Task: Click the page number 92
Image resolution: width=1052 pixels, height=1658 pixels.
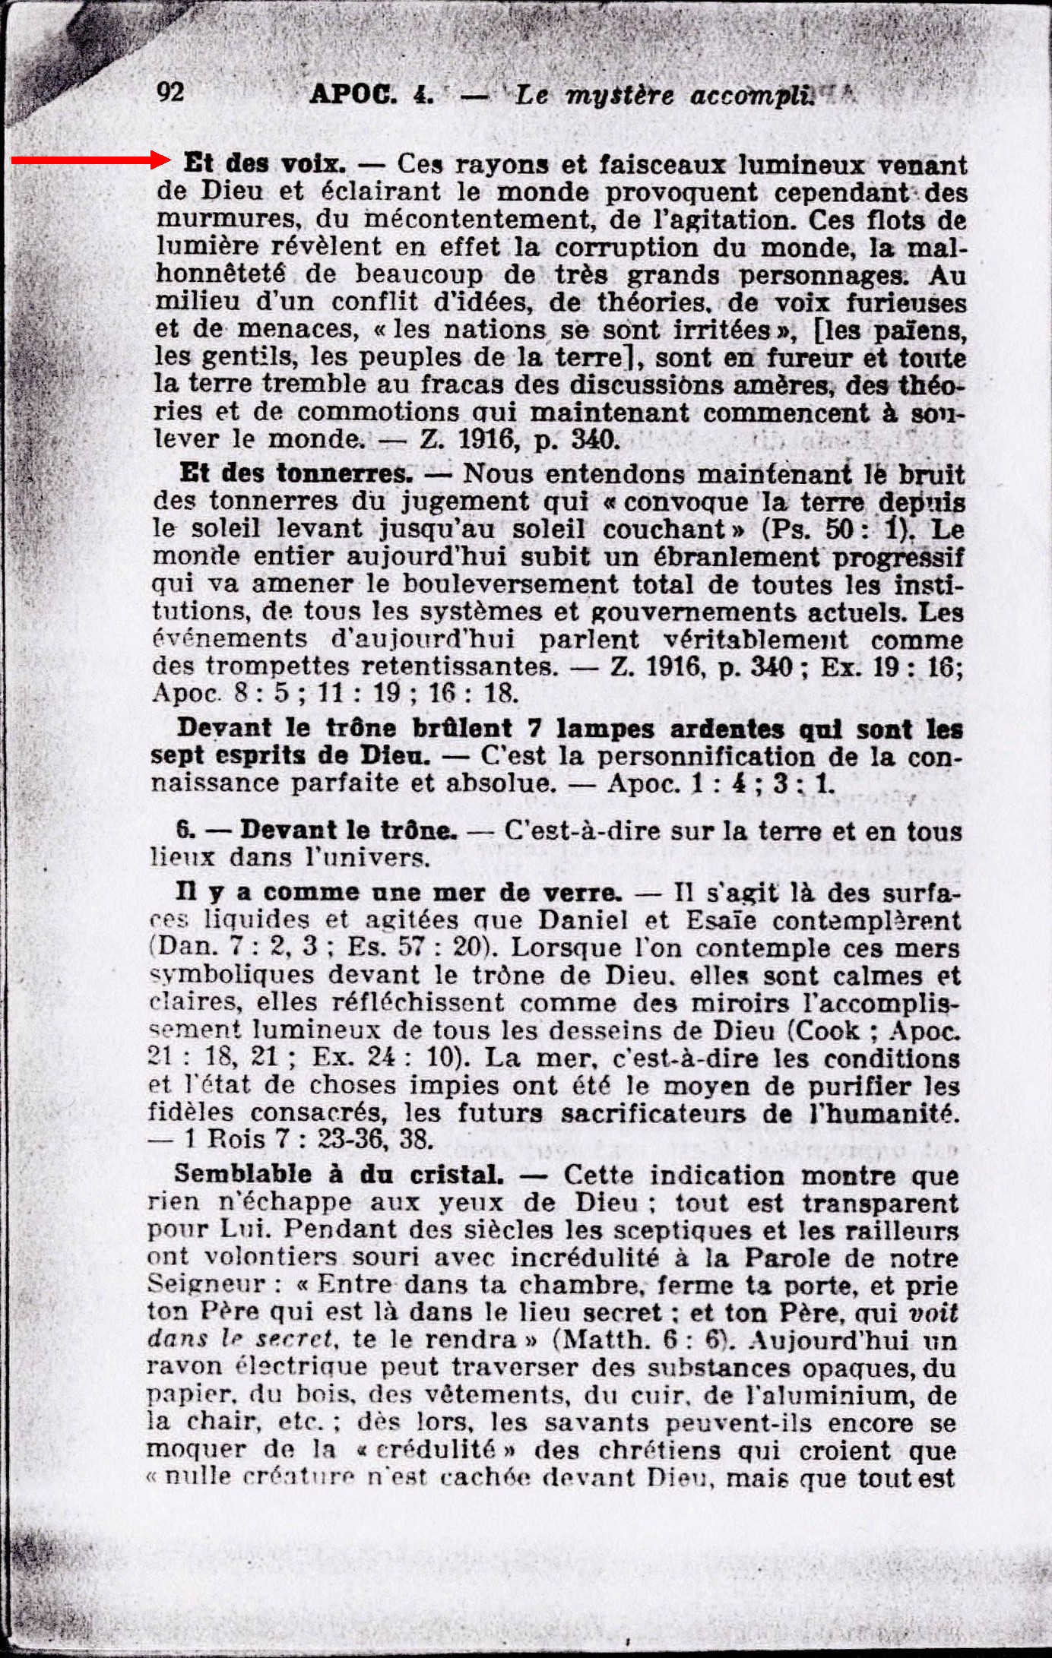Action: tap(170, 92)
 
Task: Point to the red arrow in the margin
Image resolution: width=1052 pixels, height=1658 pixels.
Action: tap(91, 160)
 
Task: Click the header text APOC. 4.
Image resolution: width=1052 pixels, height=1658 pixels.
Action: tap(372, 95)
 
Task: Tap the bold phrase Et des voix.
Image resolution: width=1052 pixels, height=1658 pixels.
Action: tap(265, 163)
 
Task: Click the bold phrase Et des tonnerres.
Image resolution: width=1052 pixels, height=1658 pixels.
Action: tap(296, 473)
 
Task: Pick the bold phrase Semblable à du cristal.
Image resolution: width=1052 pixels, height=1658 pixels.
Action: tap(338, 1174)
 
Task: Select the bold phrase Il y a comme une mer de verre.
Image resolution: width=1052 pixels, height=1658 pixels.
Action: tap(398, 892)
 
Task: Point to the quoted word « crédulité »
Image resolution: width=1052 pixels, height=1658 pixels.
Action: tap(437, 1449)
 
